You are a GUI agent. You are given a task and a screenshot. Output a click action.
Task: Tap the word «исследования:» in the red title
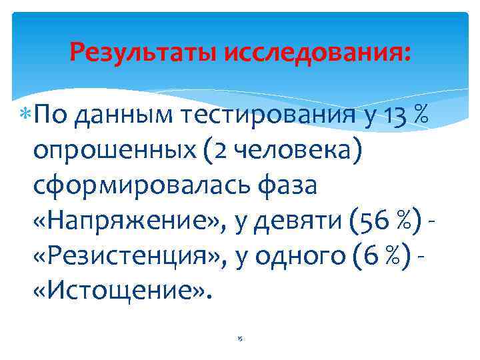point(318,51)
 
